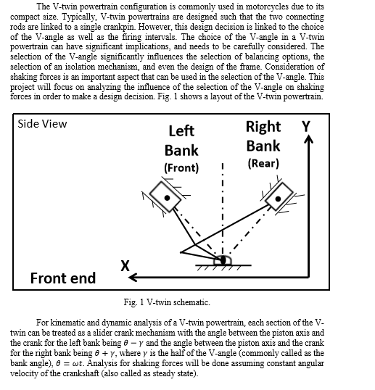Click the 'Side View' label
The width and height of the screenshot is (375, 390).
pos(42,123)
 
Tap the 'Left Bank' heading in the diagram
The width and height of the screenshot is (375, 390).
pos(181,141)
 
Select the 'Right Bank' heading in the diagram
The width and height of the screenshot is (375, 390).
pos(263,136)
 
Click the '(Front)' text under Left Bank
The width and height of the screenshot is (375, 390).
pos(181,168)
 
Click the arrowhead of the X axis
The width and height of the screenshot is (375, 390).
pos(134,277)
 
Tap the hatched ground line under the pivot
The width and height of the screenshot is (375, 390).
pos(222,267)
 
